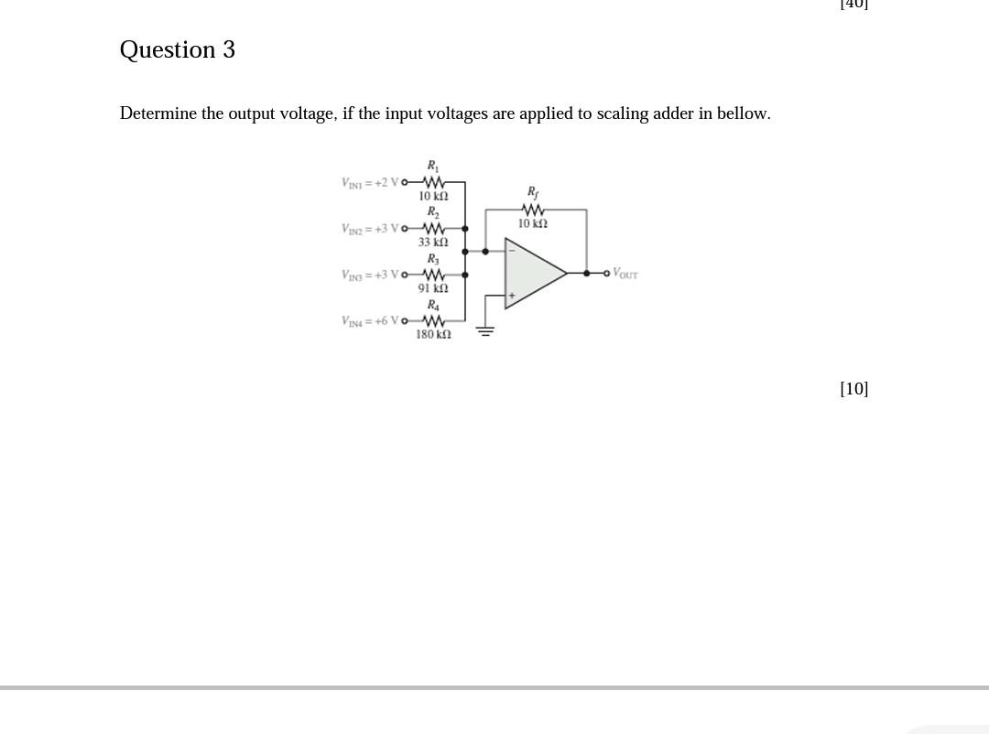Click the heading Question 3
178,49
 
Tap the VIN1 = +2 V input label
370,182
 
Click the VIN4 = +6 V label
370,320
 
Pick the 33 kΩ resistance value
433,243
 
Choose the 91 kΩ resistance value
433,288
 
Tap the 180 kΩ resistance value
433,335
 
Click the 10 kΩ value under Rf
532,223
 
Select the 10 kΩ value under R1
433,196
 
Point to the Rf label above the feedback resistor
532,192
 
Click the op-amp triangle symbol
534,273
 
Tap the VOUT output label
625,273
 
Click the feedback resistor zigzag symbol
532,210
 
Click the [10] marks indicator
853,389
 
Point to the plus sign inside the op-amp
512,295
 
